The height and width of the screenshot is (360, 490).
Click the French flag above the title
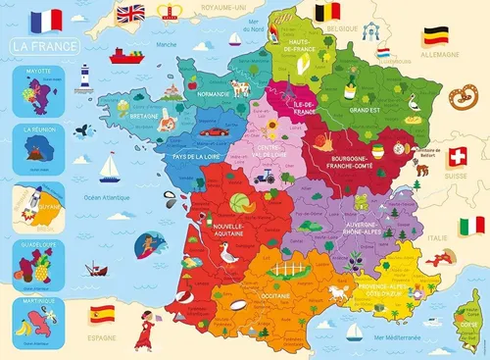click(x=45, y=19)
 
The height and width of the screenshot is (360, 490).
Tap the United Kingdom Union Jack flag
click(x=129, y=14)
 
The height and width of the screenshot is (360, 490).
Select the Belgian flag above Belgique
click(x=327, y=14)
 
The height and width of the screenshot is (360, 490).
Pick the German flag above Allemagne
click(x=436, y=36)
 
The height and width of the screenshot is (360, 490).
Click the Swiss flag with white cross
click(x=457, y=157)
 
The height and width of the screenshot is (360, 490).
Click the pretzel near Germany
click(x=458, y=95)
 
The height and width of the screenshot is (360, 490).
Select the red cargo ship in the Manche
click(x=126, y=56)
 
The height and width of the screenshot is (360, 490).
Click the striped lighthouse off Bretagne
click(x=85, y=77)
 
